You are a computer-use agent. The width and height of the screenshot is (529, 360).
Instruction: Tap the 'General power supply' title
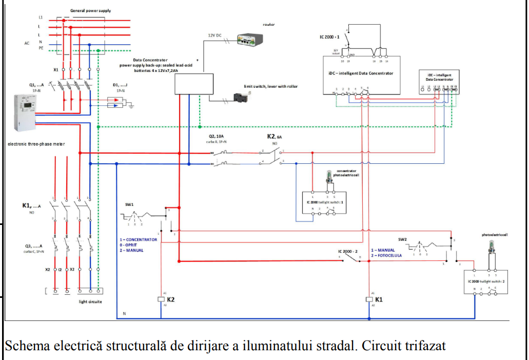coord(90,10)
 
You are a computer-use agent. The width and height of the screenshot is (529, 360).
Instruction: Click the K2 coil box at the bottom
coord(161,299)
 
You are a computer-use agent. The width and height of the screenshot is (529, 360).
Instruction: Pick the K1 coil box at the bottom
coord(369,299)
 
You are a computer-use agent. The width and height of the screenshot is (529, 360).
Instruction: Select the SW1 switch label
coord(129,204)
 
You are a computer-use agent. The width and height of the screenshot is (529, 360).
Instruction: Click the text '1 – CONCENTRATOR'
coord(138,240)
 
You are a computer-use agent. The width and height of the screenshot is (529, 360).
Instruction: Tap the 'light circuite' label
coord(90,301)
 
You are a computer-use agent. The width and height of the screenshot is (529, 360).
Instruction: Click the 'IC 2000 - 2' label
coord(347,251)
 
